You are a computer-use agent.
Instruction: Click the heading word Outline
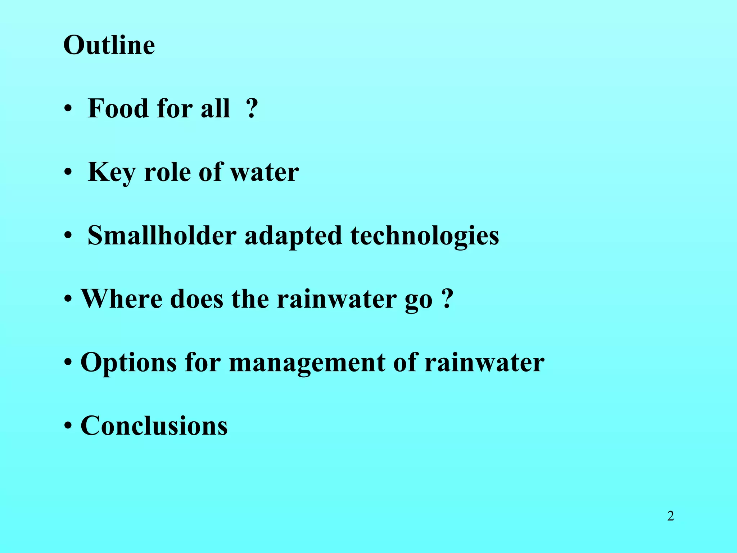click(x=109, y=45)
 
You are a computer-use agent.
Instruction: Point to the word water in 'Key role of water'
click(x=264, y=172)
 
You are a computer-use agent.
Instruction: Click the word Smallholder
click(x=162, y=235)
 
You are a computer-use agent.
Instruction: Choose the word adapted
click(x=293, y=236)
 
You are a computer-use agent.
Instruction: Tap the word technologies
click(x=425, y=236)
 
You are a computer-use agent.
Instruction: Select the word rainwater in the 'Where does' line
click(x=336, y=299)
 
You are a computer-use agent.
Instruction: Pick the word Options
click(x=128, y=363)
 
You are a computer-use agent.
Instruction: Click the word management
click(x=307, y=363)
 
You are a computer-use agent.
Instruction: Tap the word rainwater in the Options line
click(x=484, y=363)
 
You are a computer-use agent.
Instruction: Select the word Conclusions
click(x=154, y=426)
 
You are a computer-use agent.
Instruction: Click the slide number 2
click(x=670, y=516)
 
